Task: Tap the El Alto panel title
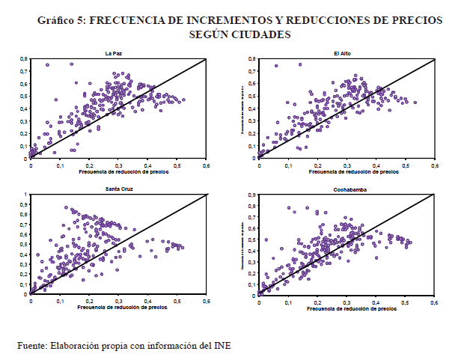tap(344, 52)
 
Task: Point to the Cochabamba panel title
tap(344, 189)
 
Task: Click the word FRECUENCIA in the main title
tap(137, 20)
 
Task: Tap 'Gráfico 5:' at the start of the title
tap(62, 20)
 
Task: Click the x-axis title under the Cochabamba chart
tap(346, 309)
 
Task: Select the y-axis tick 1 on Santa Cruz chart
tap(25, 195)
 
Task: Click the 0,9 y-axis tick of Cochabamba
tap(252, 195)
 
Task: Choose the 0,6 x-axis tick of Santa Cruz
tap(206, 301)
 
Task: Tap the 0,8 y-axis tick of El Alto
tap(252, 58)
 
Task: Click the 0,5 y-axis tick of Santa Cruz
tap(23, 245)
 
